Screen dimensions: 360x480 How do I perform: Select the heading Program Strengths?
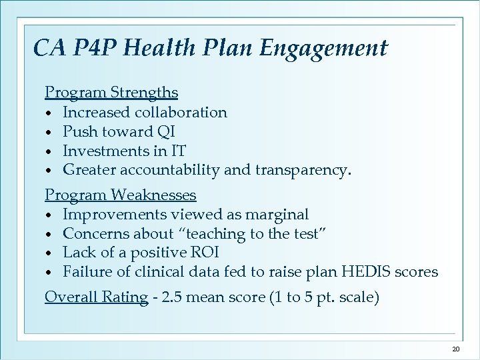click(x=111, y=92)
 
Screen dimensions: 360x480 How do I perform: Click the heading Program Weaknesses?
click(x=121, y=195)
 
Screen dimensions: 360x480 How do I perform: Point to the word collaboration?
click(x=182, y=112)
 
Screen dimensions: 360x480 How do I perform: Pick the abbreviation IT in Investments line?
click(x=177, y=151)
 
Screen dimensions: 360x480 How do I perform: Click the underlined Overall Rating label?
click(x=96, y=297)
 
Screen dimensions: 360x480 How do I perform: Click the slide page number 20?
click(x=456, y=349)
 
